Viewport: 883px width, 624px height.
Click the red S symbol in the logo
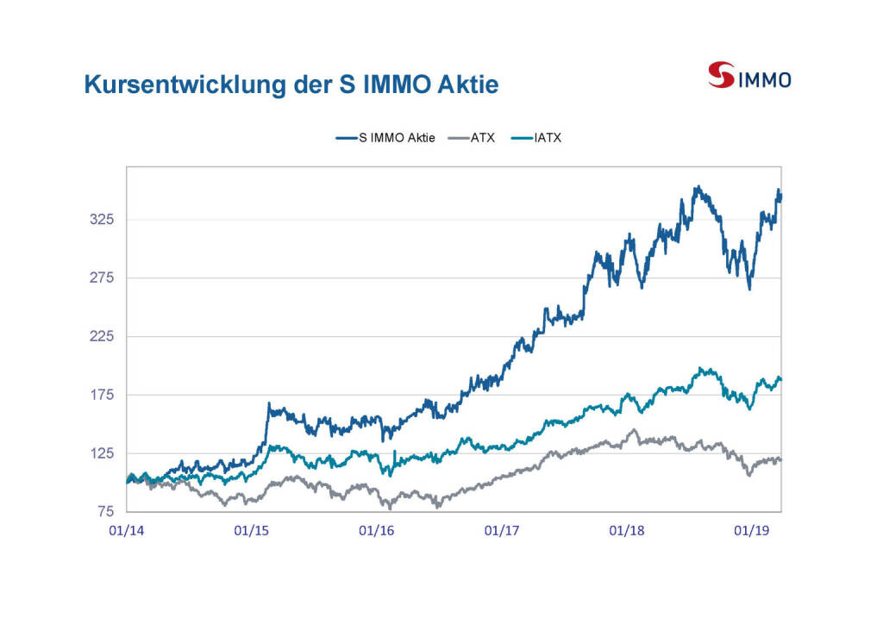(721, 75)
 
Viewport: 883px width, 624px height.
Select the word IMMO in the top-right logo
(764, 80)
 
